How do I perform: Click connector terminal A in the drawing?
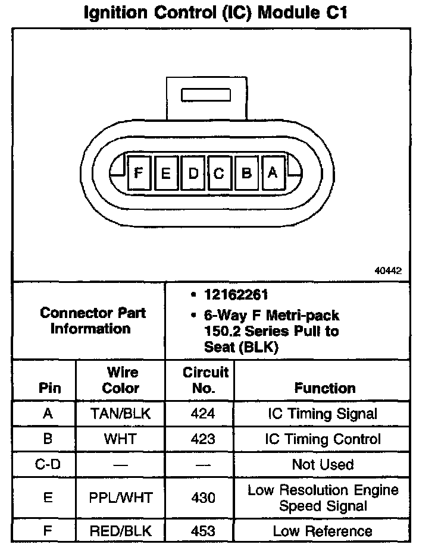pos(273,173)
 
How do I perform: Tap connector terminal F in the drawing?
pos(139,173)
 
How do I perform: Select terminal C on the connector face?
pos(219,174)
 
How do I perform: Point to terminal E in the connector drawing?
pos(166,174)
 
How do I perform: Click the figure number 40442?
pos(388,270)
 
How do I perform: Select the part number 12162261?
pos(236,294)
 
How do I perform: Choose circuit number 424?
pos(203,414)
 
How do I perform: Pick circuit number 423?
pos(203,439)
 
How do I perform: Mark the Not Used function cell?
pos(323,464)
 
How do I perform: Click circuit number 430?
pos(203,498)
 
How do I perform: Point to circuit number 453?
pos(203,531)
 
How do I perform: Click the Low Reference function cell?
pos(323,531)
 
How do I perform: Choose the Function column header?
pos(325,388)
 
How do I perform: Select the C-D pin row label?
pos(48,464)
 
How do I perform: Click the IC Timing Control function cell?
pos(323,439)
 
